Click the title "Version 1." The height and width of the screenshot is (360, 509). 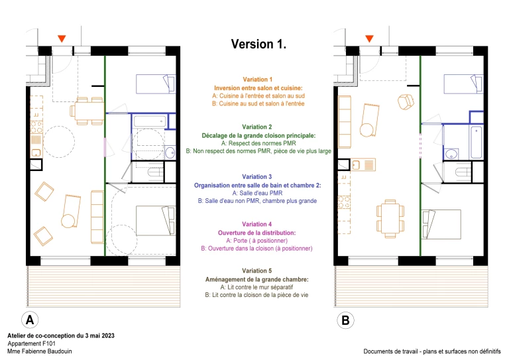(258, 44)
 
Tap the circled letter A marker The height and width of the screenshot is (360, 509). (30, 320)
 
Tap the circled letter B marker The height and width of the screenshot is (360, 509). (345, 321)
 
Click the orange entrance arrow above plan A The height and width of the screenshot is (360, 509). (61, 39)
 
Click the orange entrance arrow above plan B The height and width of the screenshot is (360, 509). (369, 39)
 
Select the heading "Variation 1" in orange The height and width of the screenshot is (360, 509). (258, 79)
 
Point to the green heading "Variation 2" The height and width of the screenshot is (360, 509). (258, 127)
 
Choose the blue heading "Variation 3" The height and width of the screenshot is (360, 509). (258, 176)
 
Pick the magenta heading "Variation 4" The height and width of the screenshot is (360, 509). (258, 224)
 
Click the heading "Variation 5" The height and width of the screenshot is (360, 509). (258, 271)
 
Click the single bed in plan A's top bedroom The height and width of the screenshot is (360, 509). (155, 84)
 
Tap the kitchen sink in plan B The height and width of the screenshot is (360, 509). (363, 165)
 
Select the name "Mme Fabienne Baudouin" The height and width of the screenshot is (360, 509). (39, 351)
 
